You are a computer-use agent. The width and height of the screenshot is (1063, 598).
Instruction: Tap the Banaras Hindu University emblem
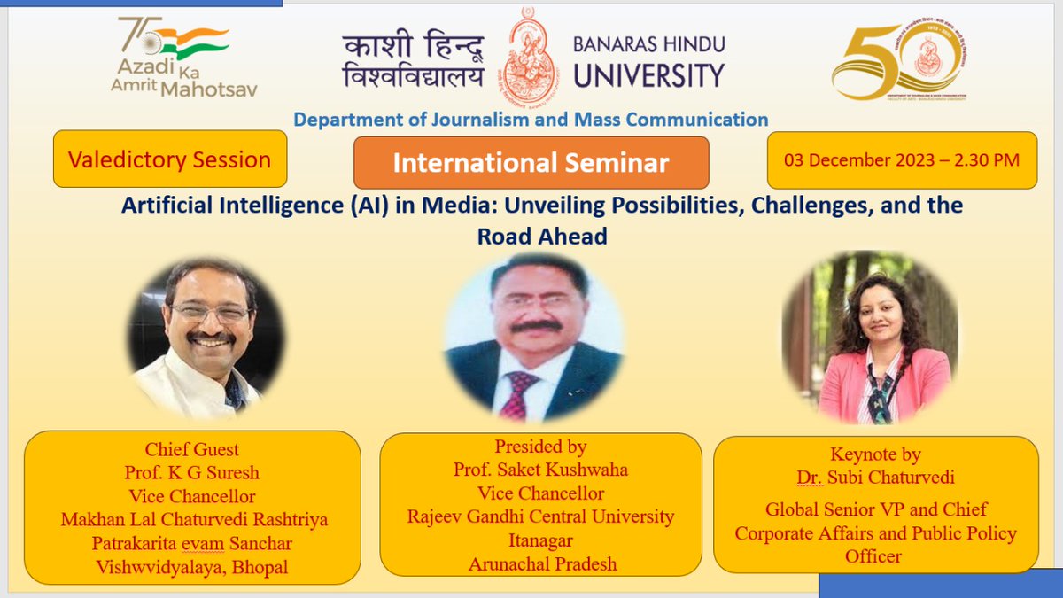pyautogui.click(x=529, y=55)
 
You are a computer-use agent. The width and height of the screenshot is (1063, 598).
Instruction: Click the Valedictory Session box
pyautogui.click(x=170, y=159)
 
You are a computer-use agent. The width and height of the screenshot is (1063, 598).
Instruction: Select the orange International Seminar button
pyautogui.click(x=531, y=163)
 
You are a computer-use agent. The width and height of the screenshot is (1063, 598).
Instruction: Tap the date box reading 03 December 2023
pyautogui.click(x=902, y=160)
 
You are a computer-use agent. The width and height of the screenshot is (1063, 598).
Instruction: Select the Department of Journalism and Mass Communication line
pyautogui.click(x=531, y=119)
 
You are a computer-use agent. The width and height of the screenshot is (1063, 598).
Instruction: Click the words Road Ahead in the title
pyautogui.click(x=542, y=237)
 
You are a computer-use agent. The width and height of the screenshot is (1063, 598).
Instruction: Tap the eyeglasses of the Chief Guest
pyautogui.click(x=210, y=313)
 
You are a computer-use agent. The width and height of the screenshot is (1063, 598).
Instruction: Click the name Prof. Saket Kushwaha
pyautogui.click(x=540, y=470)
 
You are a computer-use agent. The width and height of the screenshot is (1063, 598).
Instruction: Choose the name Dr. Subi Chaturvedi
pyautogui.click(x=875, y=478)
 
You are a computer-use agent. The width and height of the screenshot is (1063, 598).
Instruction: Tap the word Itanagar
pyautogui.click(x=540, y=540)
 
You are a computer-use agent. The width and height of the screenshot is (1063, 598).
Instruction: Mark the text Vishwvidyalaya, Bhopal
pyautogui.click(x=192, y=567)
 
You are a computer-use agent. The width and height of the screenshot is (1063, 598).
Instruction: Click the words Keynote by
pyautogui.click(x=875, y=454)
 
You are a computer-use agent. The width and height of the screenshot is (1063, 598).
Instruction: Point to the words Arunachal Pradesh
pyautogui.click(x=540, y=563)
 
